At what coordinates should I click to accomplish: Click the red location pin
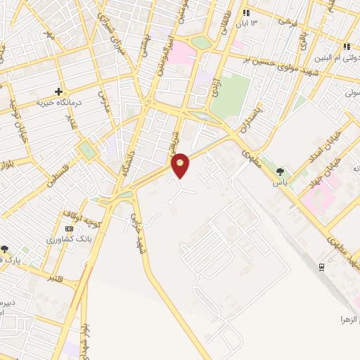pyautogui.click(x=181, y=165)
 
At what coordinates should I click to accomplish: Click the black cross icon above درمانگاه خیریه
pyautogui.click(x=59, y=91)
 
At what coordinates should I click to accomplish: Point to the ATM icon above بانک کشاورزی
pyautogui.click(x=69, y=229)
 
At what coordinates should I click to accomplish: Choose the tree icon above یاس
pyautogui.click(x=281, y=171)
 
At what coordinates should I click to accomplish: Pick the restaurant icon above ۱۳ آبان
pyautogui.click(x=246, y=13)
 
